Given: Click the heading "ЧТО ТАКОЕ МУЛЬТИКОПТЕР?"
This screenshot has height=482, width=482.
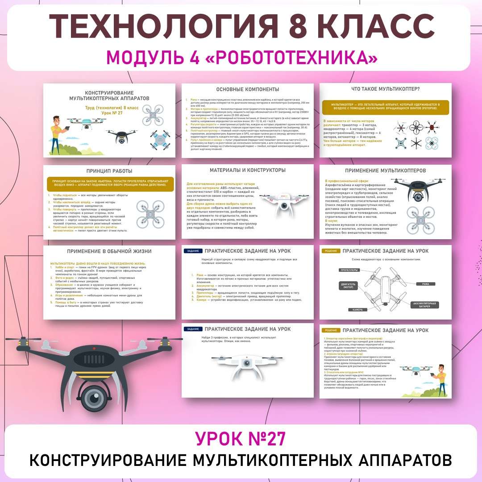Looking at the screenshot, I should click(385, 89).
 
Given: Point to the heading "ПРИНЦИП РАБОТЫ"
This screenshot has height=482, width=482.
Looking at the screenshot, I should click(110, 171).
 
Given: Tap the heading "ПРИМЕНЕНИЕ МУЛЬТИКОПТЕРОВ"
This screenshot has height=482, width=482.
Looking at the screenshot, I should click(385, 170).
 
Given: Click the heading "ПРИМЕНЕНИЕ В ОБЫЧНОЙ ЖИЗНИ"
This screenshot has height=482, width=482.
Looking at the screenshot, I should click(109, 251).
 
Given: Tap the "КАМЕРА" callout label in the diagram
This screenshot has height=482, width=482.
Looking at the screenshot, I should click(357, 309).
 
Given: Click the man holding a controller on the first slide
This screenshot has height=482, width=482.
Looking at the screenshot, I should click(58, 132).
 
